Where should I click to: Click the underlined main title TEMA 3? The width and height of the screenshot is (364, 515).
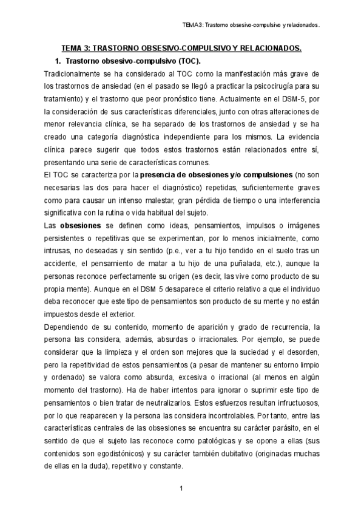[x=182, y=48]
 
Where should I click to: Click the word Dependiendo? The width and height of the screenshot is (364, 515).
[x=67, y=327]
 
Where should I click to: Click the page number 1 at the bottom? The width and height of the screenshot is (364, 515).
[x=182, y=488]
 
